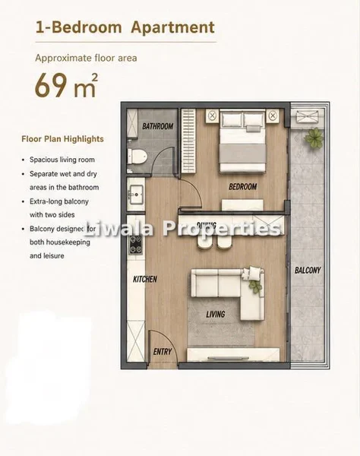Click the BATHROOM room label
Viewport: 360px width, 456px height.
click(x=158, y=126)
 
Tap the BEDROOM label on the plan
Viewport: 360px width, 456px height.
click(x=243, y=186)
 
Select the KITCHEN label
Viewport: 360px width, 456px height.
click(x=145, y=279)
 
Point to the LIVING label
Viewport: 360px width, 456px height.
click(x=216, y=314)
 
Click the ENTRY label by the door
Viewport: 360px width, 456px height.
click(x=163, y=352)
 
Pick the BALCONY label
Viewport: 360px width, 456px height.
click(x=308, y=270)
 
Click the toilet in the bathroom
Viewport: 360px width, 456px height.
click(x=137, y=156)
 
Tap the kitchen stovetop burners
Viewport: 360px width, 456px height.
click(x=136, y=245)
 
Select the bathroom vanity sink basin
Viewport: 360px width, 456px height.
click(x=136, y=195)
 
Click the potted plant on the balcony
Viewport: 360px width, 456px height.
click(x=314, y=137)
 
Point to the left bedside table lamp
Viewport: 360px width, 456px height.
click(x=213, y=116)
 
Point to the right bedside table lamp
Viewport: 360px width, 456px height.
click(x=272, y=116)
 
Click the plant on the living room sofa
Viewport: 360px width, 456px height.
click(x=256, y=287)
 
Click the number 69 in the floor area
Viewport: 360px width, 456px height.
click(x=51, y=85)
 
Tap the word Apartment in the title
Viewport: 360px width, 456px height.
click(x=173, y=27)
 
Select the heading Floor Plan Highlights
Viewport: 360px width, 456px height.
click(x=62, y=139)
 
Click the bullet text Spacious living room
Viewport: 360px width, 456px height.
click(x=62, y=160)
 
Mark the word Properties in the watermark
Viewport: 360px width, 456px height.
click(x=222, y=228)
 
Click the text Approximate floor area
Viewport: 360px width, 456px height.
click(x=86, y=59)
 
